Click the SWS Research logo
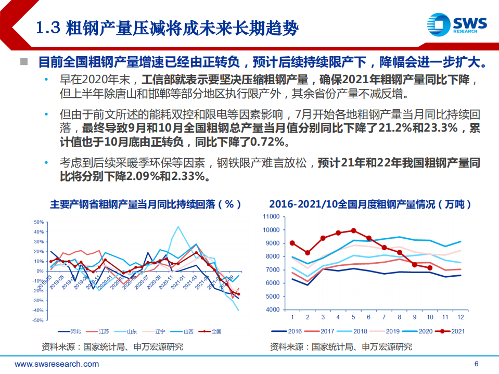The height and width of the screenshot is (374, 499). click(456, 24)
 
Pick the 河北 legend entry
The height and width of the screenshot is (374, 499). click(71, 331)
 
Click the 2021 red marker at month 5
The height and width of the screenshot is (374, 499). click(354, 230)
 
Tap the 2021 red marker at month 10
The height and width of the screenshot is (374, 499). click(430, 268)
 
